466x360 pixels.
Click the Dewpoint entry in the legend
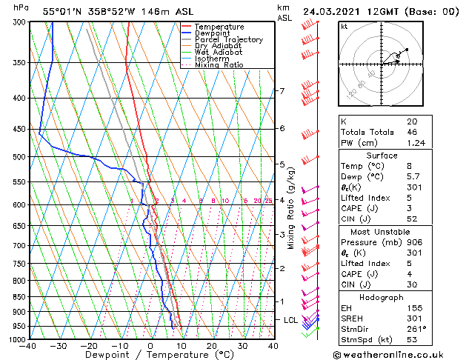pos(211,33)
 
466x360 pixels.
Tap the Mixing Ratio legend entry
pos(219,65)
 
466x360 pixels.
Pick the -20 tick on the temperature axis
pos(88,346)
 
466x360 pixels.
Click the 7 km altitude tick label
pos(282,91)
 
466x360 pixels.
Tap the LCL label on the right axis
pos(291,319)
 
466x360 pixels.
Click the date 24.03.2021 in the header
pos(333,11)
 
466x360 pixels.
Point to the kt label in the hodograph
pos(344,27)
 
